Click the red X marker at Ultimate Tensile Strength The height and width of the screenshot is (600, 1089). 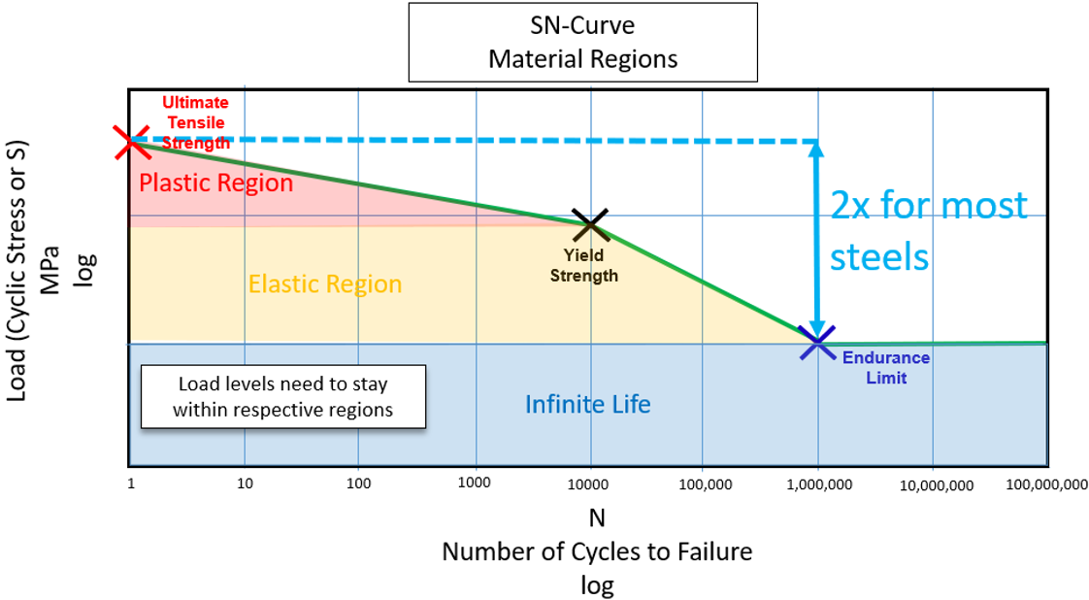(x=130, y=142)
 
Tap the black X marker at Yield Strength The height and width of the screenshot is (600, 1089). (x=589, y=224)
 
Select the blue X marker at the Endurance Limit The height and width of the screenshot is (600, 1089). (x=816, y=343)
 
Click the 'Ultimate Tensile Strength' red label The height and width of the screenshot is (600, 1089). (x=195, y=122)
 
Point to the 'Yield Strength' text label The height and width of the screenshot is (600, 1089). (x=583, y=265)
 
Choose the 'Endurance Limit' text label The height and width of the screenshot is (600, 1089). (x=885, y=367)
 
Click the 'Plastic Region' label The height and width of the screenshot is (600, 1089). (x=216, y=183)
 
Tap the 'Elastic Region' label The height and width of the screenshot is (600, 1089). (x=325, y=284)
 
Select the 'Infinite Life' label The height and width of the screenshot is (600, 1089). (x=588, y=403)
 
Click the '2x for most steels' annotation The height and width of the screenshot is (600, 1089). (x=929, y=231)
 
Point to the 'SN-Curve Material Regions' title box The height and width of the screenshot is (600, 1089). (x=582, y=43)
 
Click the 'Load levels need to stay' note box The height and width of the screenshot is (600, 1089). (x=282, y=396)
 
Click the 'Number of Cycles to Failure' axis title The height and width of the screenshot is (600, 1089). (x=597, y=552)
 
